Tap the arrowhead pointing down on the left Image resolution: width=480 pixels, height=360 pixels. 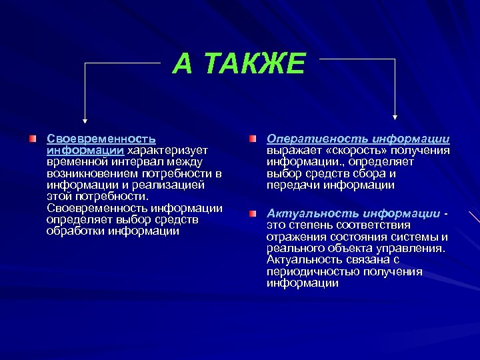tap(85, 120)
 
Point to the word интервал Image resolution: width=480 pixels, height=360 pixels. tap(134, 162)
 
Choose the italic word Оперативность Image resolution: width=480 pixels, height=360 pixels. tap(301, 139)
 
